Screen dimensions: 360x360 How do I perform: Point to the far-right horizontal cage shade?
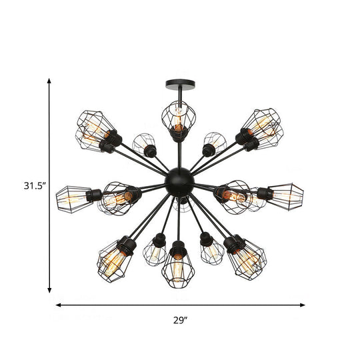point(286,195)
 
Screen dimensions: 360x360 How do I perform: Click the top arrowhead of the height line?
point(49,81)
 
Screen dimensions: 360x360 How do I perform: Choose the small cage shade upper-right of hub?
point(215,143)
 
